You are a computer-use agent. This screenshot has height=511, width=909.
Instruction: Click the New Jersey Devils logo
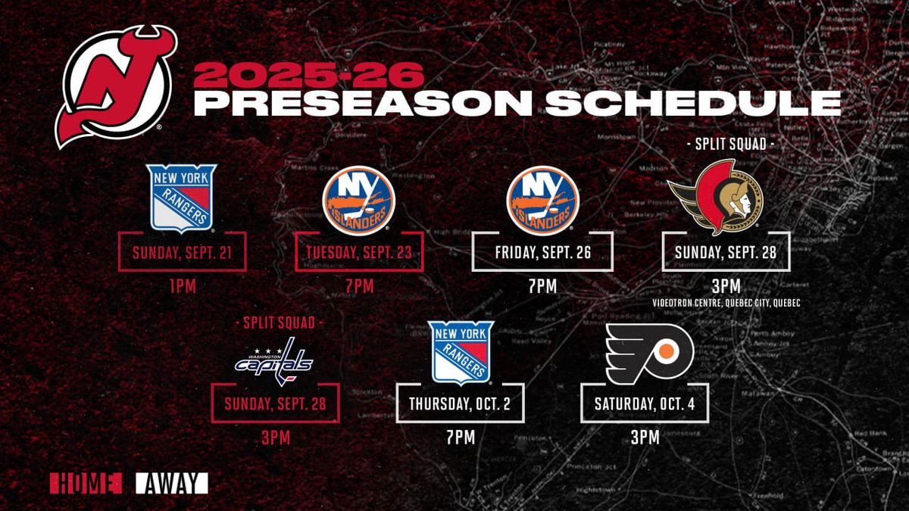pyautogui.click(x=116, y=86)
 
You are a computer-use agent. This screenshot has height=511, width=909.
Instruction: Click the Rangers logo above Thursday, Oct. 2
pyautogui.click(x=461, y=352)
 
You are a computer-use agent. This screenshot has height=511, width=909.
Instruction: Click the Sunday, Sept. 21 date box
pyautogui.click(x=182, y=253)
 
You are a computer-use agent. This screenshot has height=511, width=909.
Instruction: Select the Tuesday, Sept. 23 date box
pyautogui.click(x=358, y=253)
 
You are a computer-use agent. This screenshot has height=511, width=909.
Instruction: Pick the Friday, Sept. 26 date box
pyautogui.click(x=542, y=253)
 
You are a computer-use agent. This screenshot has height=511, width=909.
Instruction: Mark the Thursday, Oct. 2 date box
pyautogui.click(x=461, y=404)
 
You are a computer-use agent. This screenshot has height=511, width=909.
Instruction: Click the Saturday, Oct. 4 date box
pyautogui.click(x=644, y=404)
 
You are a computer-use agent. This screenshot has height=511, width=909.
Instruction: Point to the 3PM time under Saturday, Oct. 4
pyautogui.click(x=644, y=438)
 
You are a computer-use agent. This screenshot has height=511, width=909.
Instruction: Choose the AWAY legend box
pyautogui.click(x=171, y=483)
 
